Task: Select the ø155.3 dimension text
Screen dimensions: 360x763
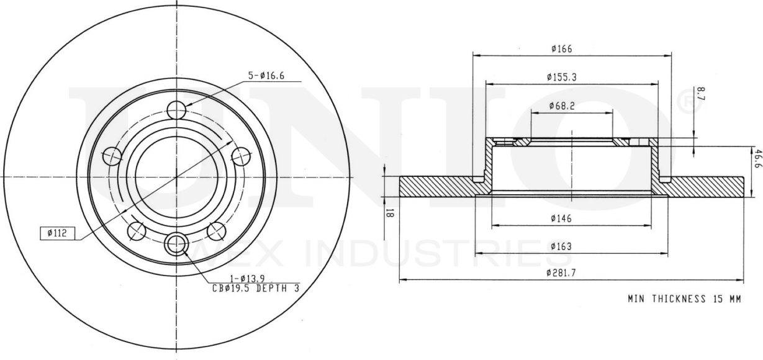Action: click(x=562, y=77)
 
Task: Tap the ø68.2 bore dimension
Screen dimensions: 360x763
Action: click(x=562, y=106)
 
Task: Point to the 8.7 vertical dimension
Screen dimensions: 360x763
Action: click(x=701, y=93)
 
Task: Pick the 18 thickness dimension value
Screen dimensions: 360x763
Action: click(x=391, y=213)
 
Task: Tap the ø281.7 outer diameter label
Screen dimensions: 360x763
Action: click(x=562, y=273)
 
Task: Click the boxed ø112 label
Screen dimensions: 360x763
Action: click(x=57, y=233)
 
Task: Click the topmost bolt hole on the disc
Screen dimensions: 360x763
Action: click(x=177, y=110)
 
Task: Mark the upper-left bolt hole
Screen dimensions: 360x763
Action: click(x=112, y=156)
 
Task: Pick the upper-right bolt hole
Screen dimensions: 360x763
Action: click(x=241, y=156)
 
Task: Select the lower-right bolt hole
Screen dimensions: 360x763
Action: click(x=216, y=231)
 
